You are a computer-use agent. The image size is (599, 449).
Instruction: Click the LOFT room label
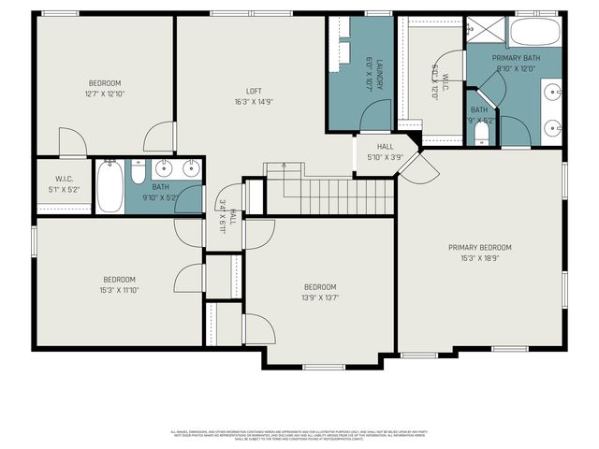click(253, 91)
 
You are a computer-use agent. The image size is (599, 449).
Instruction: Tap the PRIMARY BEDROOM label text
click(479, 247)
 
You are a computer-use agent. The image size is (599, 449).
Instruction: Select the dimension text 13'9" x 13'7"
click(319, 297)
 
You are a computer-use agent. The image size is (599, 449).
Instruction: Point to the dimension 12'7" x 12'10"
click(105, 94)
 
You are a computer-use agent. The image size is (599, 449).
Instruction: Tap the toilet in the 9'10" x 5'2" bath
click(137, 173)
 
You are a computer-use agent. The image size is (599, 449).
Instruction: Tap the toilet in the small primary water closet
click(481, 138)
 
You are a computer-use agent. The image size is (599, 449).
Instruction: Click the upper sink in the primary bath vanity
click(552, 93)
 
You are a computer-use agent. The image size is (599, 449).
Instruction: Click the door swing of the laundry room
click(376, 117)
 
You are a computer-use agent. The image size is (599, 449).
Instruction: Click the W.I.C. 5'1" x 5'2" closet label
click(64, 184)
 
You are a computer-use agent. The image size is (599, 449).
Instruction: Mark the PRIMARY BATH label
click(518, 61)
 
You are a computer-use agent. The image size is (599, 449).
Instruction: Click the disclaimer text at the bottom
click(299, 434)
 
